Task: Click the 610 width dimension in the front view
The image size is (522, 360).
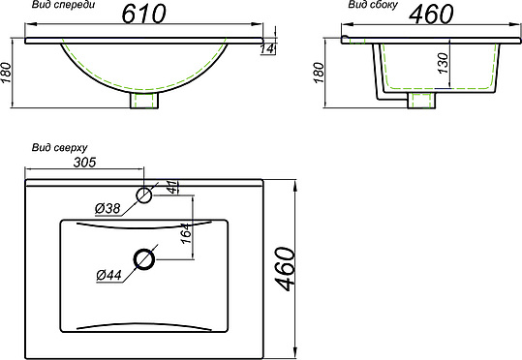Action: (143, 14)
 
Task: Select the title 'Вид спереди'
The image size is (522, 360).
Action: (63, 5)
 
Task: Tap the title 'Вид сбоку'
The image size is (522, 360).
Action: (373, 5)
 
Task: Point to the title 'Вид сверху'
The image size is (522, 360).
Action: (60, 147)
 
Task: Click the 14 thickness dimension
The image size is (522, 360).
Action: (267, 49)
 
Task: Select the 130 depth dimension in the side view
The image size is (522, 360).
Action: (444, 63)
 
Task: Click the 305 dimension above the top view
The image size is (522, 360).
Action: (84, 163)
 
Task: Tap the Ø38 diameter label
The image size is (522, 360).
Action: (107, 209)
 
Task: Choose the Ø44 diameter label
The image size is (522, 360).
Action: (109, 275)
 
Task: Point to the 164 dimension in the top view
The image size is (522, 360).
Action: (187, 233)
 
